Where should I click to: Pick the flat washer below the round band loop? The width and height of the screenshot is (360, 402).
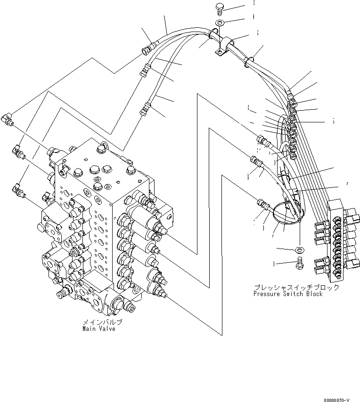[299, 249]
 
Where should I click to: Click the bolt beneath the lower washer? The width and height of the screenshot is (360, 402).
[298, 265]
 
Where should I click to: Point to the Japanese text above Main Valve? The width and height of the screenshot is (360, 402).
[102, 322]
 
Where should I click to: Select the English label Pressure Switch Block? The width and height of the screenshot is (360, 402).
[288, 294]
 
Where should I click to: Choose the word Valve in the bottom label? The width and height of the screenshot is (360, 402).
[106, 329]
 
